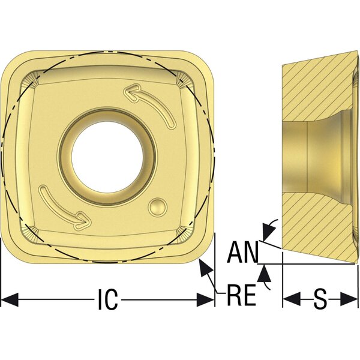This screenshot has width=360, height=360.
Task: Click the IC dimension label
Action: pyautogui.click(x=108, y=299)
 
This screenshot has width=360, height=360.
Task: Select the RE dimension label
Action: pyautogui.click(x=241, y=295)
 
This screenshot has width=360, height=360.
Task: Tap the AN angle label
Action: pyautogui.click(x=242, y=252)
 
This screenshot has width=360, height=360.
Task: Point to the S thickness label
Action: pyautogui.click(x=320, y=299)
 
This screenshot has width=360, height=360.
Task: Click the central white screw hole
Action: pyautogui.click(x=107, y=157)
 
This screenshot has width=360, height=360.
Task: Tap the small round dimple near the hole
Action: pyautogui.click(x=157, y=207)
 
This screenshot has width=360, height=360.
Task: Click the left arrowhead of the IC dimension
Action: pyautogui.click(x=10, y=299)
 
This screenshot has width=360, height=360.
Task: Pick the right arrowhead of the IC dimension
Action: pyautogui.click(x=205, y=299)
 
